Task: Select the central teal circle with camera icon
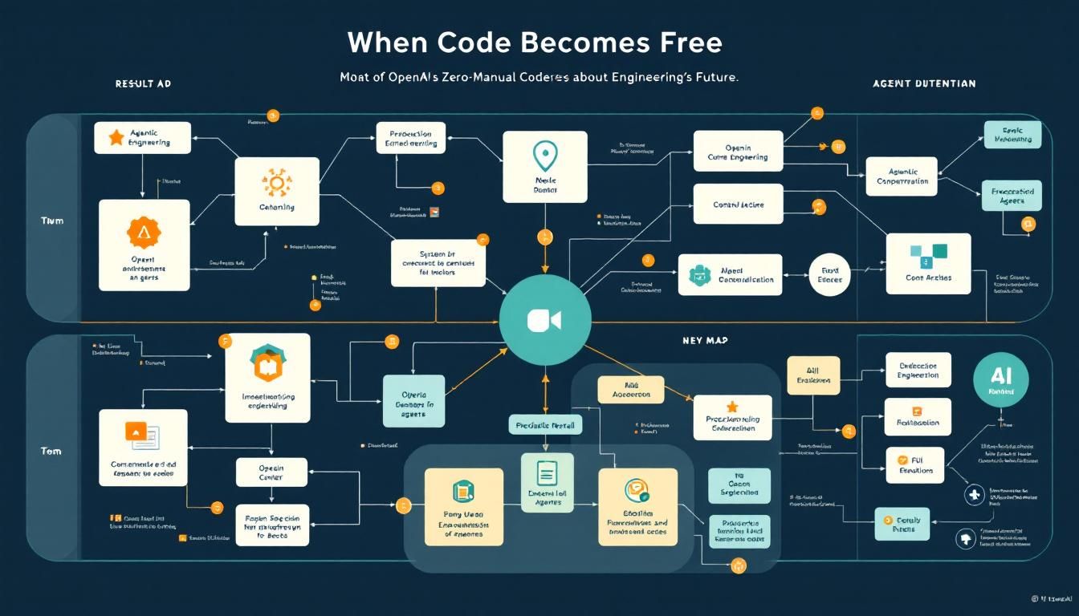click(x=545, y=319)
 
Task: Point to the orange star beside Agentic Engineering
click(x=116, y=138)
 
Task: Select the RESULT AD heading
click(x=143, y=83)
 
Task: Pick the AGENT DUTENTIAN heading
click(x=924, y=83)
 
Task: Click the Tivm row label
click(x=52, y=221)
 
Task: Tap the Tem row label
click(x=51, y=451)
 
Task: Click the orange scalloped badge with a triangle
click(x=145, y=233)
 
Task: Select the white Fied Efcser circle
click(x=829, y=274)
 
